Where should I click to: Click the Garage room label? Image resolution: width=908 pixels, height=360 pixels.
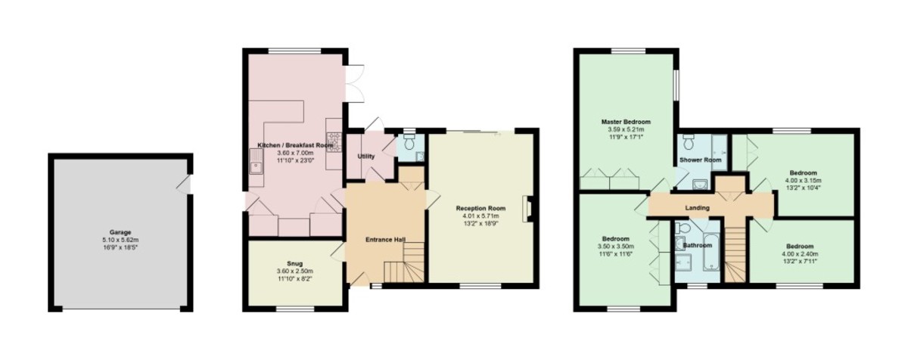point(120,232)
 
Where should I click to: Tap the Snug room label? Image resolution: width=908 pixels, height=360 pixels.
point(294,264)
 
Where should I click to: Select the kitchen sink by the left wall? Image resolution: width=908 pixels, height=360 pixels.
point(256,161)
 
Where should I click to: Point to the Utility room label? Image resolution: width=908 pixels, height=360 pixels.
point(366,157)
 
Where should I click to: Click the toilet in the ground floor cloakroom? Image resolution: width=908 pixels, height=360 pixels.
point(409,142)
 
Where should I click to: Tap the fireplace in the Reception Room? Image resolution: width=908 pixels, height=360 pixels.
point(529,209)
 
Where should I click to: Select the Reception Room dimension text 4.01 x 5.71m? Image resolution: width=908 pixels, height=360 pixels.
point(480,216)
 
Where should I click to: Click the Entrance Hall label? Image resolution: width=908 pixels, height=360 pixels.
point(385,240)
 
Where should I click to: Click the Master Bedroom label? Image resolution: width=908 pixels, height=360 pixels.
point(626,122)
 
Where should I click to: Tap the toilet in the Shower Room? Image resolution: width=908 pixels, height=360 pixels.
point(688,142)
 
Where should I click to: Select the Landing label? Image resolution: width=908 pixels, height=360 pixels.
point(697,208)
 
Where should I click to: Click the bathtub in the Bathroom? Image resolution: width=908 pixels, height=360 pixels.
point(711,252)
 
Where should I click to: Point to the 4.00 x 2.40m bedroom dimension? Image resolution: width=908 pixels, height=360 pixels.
point(800,254)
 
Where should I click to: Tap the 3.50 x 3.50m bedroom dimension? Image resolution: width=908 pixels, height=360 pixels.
point(616,247)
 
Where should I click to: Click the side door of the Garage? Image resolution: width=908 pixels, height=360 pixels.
point(185,185)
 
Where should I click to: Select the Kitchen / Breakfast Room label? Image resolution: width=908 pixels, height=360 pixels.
point(296,145)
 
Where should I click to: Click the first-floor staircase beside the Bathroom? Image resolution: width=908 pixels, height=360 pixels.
point(735,254)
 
